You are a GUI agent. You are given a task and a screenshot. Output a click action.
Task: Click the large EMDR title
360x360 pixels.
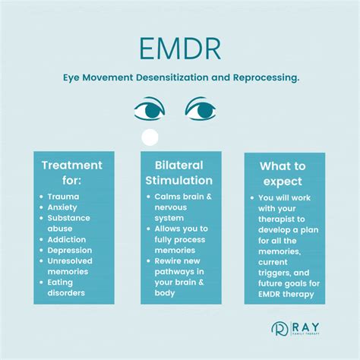pos(180,49)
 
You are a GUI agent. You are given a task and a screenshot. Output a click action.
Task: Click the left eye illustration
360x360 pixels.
pos(150,109)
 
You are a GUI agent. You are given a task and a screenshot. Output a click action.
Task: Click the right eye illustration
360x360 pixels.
pos(201,109)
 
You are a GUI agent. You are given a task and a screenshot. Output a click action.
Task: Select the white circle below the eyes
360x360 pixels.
pos(150,137)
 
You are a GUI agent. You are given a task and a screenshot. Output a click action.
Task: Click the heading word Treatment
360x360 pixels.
pos(72,166)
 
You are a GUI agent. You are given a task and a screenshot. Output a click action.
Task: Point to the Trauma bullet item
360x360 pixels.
pos(63,197)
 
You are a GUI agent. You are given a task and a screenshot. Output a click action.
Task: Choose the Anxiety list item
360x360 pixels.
pos(62,207)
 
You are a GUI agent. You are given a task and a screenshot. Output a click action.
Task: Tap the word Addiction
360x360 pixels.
pos(67,239)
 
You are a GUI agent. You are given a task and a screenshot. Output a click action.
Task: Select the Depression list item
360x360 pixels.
pos(70,251)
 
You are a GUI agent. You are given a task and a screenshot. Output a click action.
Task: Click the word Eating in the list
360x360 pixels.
pos(60,283)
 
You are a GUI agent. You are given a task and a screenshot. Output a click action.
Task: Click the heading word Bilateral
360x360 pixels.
pos(179,166)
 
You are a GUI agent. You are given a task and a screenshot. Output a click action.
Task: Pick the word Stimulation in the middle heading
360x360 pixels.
pos(179,181)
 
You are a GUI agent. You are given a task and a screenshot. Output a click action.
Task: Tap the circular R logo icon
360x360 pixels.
pos(279,329)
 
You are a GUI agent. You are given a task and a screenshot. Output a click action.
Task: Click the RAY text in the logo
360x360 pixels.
pos(305,327)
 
